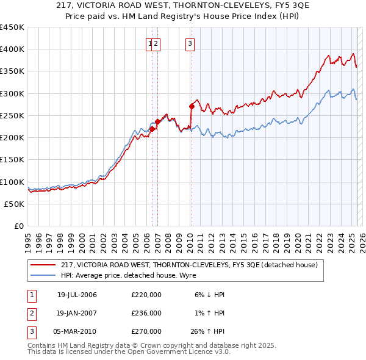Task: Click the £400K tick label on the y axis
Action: (12, 49)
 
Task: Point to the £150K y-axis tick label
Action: (12, 159)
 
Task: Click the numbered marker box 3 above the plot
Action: (190, 43)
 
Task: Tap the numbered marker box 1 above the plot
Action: (149, 43)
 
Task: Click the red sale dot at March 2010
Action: (192, 106)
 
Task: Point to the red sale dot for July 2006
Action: (152, 129)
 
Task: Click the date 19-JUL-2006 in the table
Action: (77, 295)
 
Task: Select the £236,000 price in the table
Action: (146, 313)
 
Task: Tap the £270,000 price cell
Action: (146, 331)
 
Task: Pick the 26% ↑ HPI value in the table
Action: (209, 331)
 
